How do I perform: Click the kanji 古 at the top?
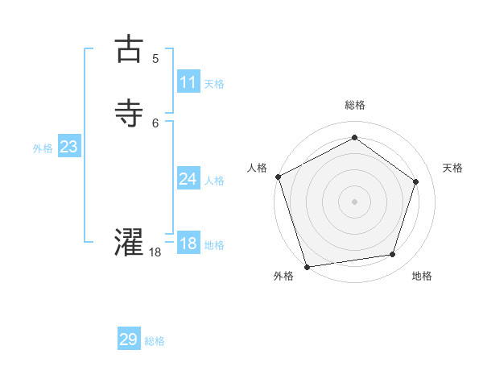click(129, 49)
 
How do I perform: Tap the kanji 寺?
click(129, 114)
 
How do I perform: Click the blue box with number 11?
click(188, 82)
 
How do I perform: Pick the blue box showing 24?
click(188, 179)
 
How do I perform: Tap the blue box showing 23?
click(68, 147)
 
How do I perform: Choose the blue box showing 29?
click(129, 339)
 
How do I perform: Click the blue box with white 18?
click(188, 244)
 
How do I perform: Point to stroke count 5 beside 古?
click(155, 59)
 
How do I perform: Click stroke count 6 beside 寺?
click(155, 123)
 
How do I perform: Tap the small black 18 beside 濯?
click(155, 252)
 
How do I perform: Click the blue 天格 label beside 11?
click(214, 84)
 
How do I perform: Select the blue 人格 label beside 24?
click(214, 181)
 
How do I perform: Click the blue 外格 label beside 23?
click(43, 148)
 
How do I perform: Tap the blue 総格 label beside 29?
click(155, 341)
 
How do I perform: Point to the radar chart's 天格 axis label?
click(452, 168)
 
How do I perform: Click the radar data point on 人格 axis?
click(278, 177)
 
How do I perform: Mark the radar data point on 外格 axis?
click(307, 266)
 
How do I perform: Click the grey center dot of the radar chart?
click(354, 201)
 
